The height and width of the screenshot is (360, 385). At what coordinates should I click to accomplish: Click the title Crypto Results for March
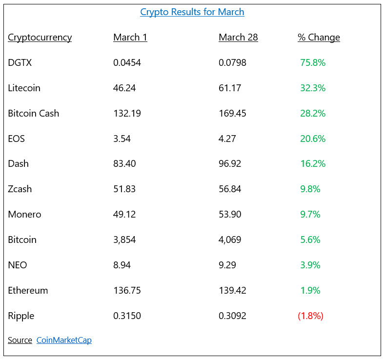point(192,12)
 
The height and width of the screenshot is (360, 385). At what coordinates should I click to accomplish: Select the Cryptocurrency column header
point(40,38)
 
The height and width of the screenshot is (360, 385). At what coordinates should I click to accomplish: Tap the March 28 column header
point(238,38)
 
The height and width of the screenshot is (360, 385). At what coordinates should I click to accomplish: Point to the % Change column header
point(319,38)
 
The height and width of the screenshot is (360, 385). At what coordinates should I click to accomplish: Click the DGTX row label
point(20,62)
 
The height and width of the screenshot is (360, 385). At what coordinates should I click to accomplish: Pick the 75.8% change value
point(313,62)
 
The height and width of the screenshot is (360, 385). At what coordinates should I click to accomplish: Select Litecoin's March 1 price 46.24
point(124,88)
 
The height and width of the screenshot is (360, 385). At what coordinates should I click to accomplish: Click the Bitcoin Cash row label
point(33,113)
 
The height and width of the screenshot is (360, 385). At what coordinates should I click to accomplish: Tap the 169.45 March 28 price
point(232,113)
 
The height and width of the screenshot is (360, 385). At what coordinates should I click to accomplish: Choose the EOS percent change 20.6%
point(313,139)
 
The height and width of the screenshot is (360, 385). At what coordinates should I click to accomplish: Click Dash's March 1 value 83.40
point(124,163)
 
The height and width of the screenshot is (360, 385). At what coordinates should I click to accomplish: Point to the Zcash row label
point(20,189)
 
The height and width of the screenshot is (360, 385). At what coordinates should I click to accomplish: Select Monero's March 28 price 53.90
point(230,214)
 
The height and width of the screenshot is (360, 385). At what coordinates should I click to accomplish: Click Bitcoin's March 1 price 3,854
point(124,240)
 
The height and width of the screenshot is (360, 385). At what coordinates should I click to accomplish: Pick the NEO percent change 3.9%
point(310,265)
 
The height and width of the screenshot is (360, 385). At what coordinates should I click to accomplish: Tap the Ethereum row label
point(28,290)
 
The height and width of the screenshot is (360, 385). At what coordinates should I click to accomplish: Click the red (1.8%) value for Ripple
point(310,316)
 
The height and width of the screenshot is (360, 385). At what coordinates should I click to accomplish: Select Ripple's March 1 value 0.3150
point(127,316)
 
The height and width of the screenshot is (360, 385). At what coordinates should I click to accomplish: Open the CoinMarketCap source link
point(64,340)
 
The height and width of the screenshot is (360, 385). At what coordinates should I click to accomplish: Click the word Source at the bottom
point(20,340)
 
